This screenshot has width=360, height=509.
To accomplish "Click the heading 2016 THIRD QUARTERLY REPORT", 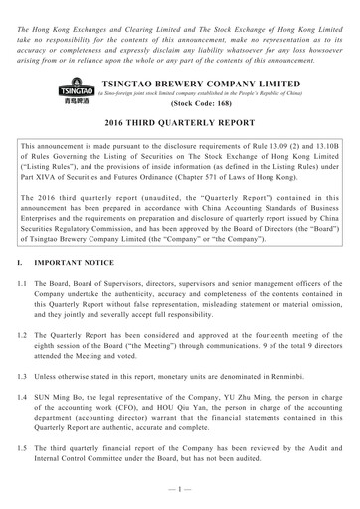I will click(x=180, y=123).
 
